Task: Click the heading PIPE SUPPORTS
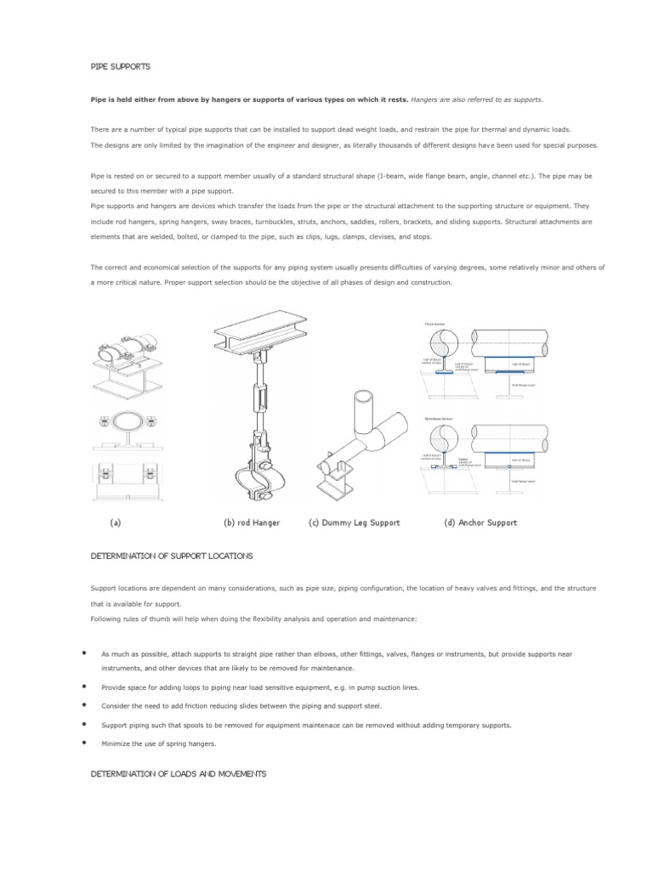pos(121,65)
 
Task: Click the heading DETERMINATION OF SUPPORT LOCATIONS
pos(171,555)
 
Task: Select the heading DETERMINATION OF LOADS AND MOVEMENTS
pos(179,773)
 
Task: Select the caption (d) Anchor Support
pos(480,523)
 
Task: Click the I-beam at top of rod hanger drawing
pos(264,328)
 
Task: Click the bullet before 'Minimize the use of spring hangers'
pos(85,743)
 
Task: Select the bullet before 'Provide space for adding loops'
pos(85,686)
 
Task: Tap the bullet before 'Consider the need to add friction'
pos(85,705)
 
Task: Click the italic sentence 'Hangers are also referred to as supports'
pos(475,99)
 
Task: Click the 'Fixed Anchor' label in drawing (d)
pos(434,324)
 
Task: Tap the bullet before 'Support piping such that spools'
pos(85,724)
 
